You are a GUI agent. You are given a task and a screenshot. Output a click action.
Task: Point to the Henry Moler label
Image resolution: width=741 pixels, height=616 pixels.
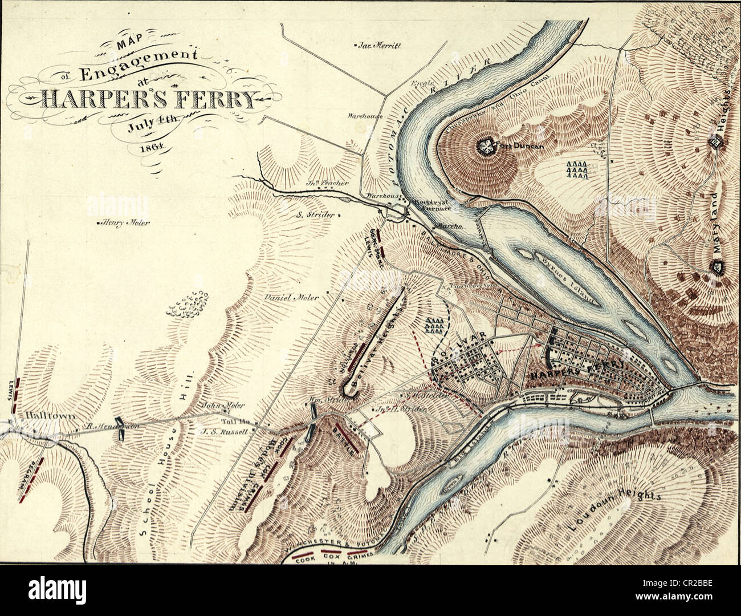tap(124, 223)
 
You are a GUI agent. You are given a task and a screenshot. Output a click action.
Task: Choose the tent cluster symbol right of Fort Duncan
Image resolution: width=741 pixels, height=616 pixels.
tap(577, 169)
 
